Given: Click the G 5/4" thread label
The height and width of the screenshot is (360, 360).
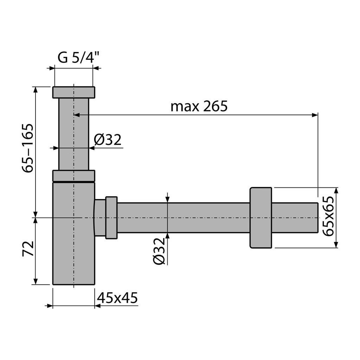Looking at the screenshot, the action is [x=78, y=57].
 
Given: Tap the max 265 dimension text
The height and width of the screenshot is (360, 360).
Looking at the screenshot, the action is [x=199, y=106].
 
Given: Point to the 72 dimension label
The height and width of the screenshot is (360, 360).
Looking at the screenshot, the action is [x=28, y=249].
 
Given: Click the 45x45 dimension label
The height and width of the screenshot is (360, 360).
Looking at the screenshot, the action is [x=117, y=298].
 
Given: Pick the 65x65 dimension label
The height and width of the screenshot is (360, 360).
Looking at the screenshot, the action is [x=328, y=216].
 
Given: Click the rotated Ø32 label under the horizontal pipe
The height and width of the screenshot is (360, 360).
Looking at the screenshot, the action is [x=159, y=251].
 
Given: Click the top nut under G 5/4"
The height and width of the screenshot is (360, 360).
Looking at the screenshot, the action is [x=74, y=92].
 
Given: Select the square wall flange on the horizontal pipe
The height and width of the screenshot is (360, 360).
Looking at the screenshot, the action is [x=261, y=218].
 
